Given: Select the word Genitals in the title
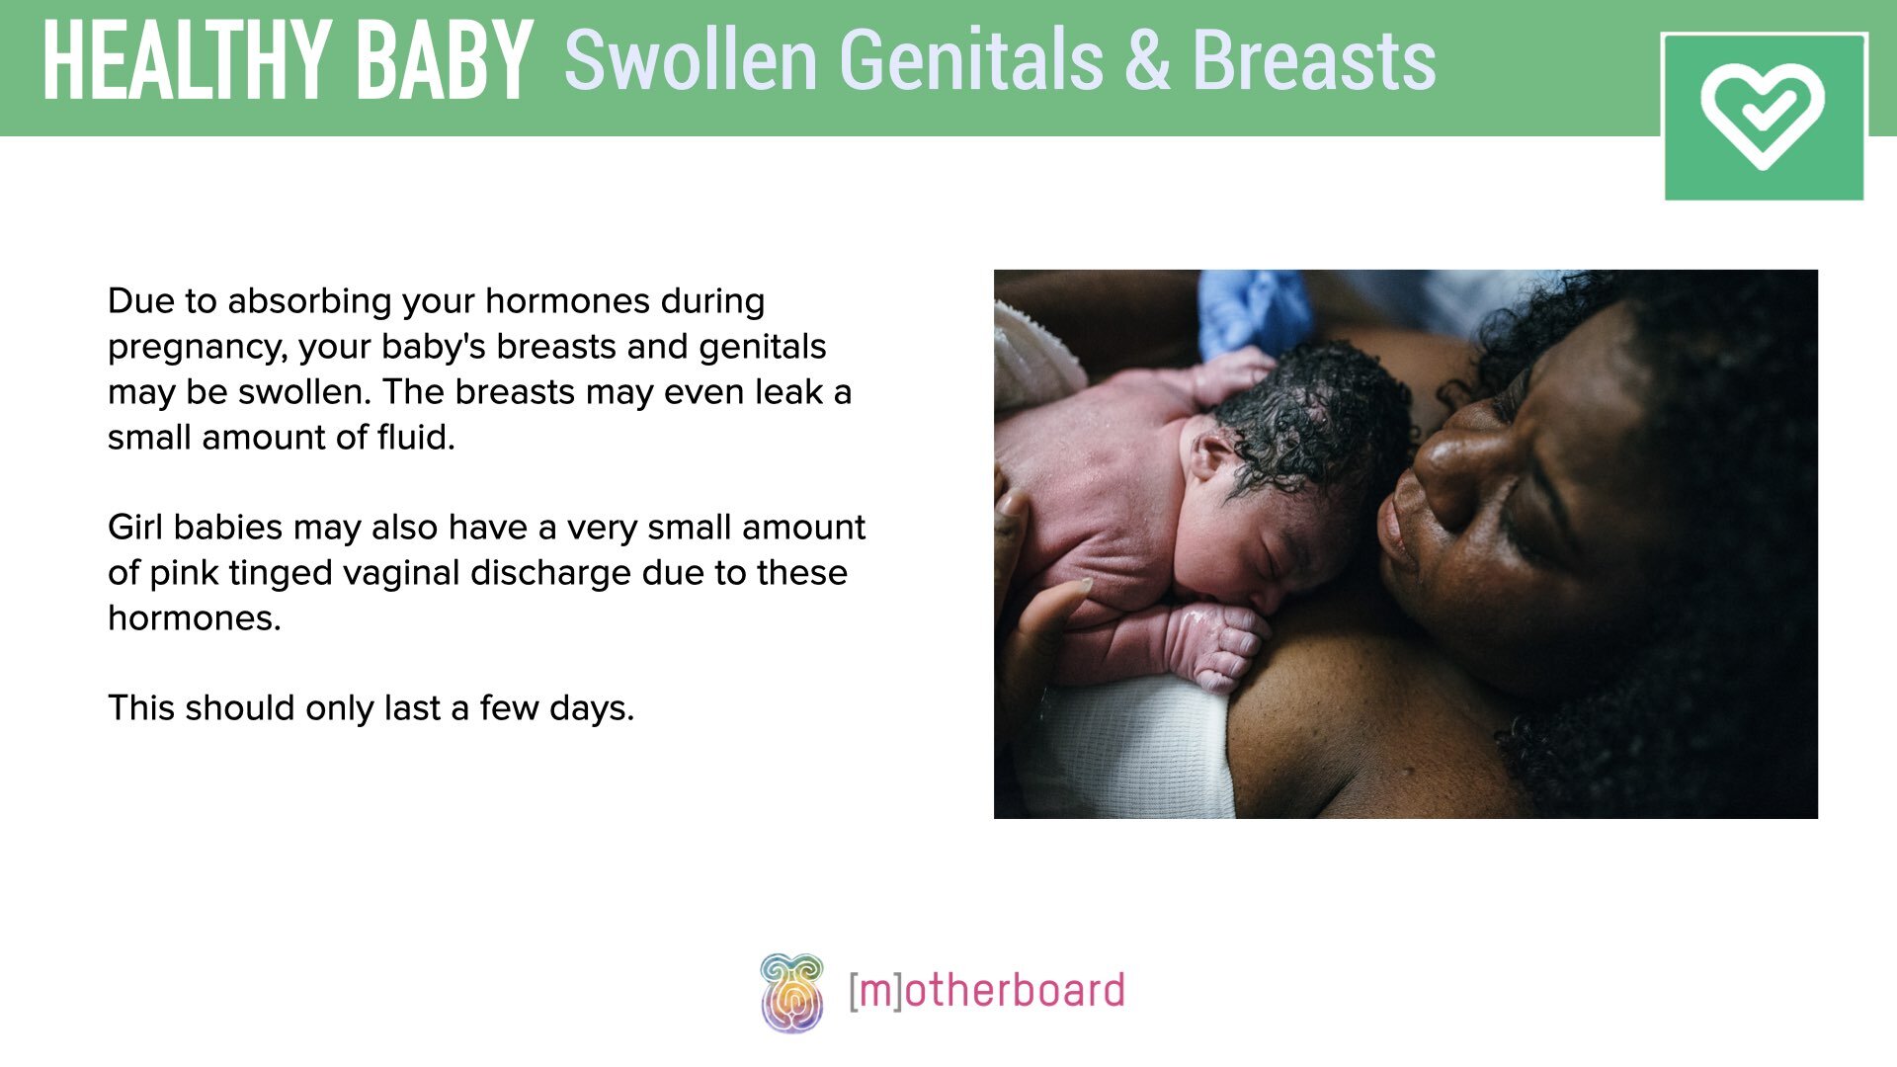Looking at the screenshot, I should pos(971,61).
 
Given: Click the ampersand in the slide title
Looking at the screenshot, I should pos(1146,61).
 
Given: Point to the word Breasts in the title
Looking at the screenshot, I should pos(1314,61).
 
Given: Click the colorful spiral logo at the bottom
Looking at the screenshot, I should pos(791,992).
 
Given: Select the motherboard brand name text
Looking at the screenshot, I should pos(987,991).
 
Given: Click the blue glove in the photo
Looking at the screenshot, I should pos(1253,311).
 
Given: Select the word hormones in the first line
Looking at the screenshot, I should pos(568,301).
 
